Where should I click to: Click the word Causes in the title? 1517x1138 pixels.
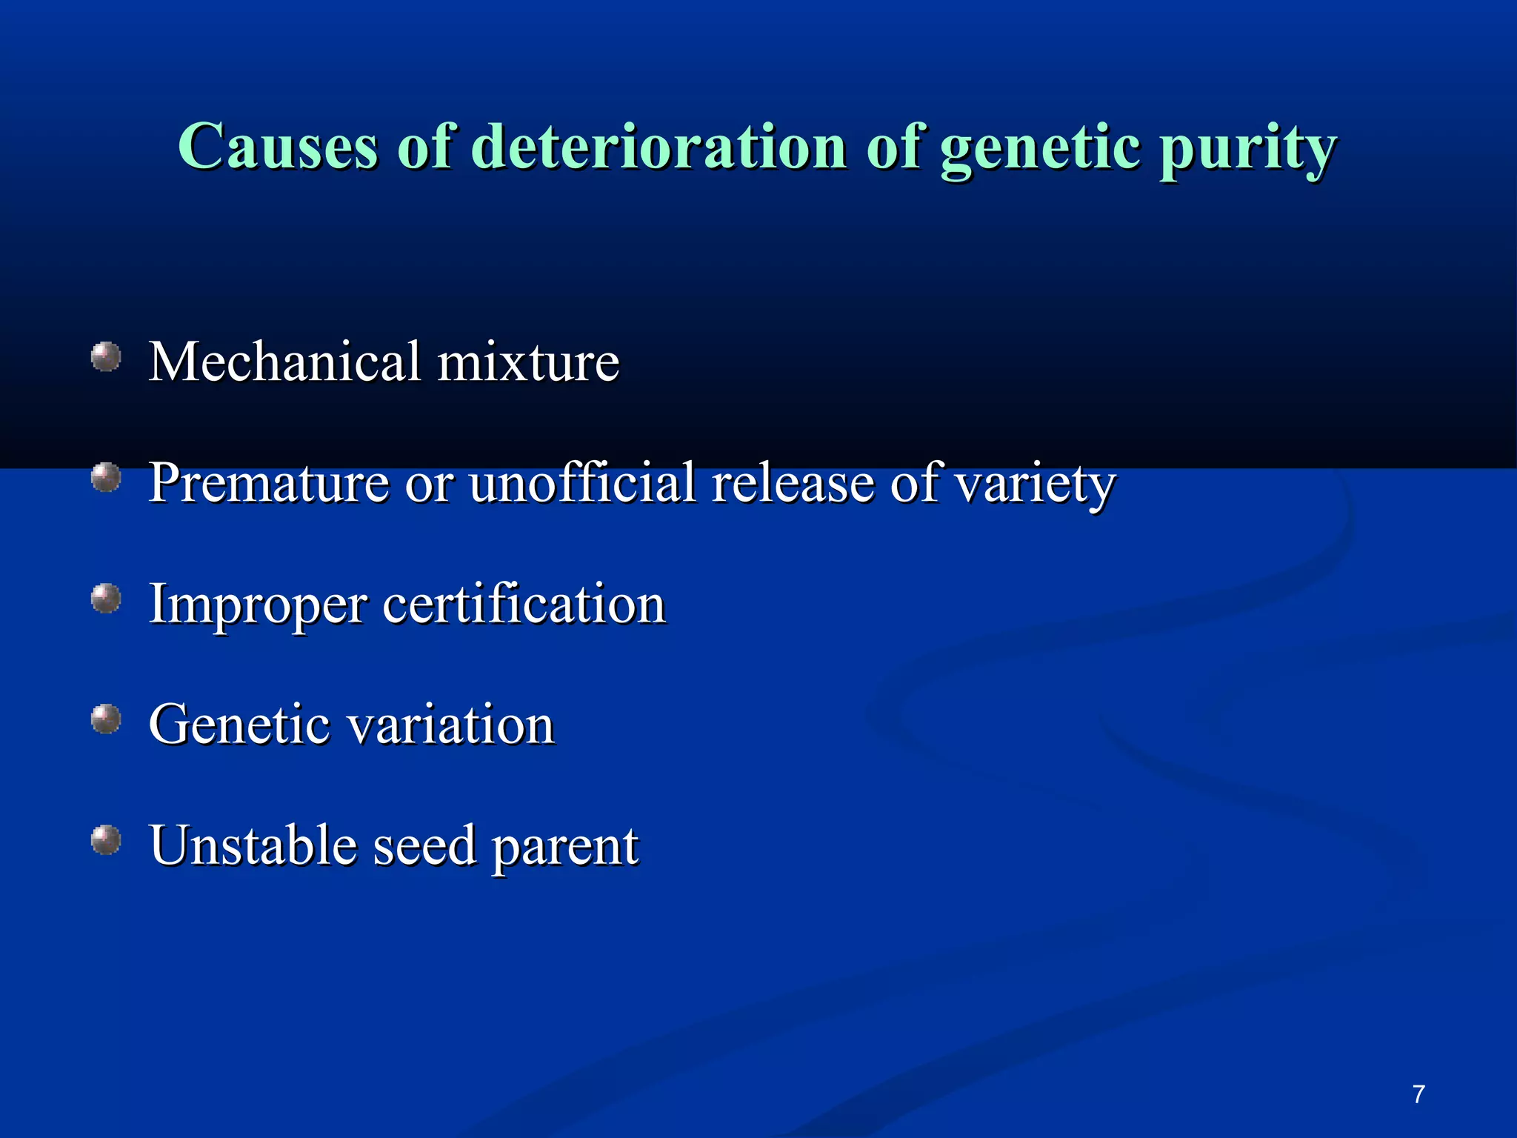(x=278, y=146)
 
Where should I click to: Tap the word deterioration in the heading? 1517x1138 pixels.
(x=659, y=146)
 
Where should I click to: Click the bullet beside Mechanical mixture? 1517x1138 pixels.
(x=106, y=356)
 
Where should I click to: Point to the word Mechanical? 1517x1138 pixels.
(x=284, y=362)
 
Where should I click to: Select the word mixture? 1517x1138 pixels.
(x=528, y=362)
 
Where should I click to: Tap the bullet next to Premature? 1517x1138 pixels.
(x=106, y=477)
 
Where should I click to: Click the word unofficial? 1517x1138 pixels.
(x=583, y=482)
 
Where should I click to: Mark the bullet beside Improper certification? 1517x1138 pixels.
(x=106, y=598)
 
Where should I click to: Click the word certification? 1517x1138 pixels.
(x=524, y=604)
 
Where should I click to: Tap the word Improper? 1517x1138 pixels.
(x=258, y=606)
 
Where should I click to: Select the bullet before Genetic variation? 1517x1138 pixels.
(x=106, y=719)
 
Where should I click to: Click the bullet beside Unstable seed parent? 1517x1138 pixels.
(x=106, y=840)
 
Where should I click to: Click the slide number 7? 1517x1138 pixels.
(x=1418, y=1094)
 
